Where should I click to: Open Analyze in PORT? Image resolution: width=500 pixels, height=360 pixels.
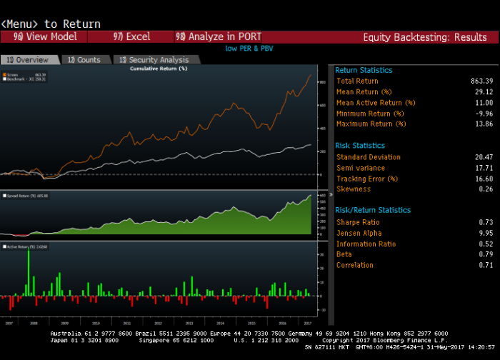tap(219, 36)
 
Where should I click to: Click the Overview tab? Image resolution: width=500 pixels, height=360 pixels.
tap(29, 60)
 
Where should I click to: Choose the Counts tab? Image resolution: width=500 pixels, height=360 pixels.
tap(84, 60)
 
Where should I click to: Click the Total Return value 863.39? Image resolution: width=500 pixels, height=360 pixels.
tap(477, 81)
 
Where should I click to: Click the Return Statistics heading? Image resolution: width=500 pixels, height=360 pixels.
tap(364, 70)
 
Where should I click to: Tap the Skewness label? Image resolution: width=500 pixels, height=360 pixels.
tap(354, 189)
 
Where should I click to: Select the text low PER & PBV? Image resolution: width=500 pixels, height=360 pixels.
tap(249, 49)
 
